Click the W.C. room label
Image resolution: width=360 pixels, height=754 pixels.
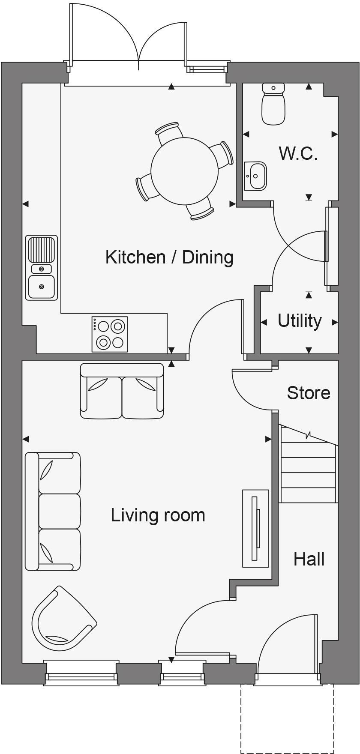pyautogui.click(x=298, y=153)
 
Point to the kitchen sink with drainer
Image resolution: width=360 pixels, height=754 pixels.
pyautogui.click(x=42, y=267)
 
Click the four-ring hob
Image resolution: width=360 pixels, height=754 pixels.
pyautogui.click(x=110, y=334)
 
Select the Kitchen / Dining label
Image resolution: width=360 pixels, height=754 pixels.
pyautogui.click(x=169, y=257)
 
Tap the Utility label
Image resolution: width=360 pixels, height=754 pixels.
pyautogui.click(x=300, y=320)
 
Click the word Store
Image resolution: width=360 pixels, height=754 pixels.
pyautogui.click(x=309, y=393)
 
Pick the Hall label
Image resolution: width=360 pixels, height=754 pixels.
pyautogui.click(x=309, y=559)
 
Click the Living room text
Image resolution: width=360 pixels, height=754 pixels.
pyautogui.click(x=158, y=515)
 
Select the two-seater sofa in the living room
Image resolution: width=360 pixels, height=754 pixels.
pyautogui.click(x=122, y=391)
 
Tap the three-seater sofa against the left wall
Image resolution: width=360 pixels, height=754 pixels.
pyautogui.click(x=53, y=511)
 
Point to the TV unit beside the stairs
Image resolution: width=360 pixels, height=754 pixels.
pyautogui.click(x=256, y=528)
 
